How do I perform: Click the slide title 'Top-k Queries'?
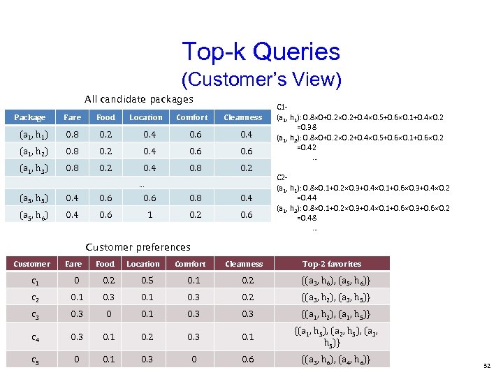click(261, 51)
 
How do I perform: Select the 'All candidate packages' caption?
click(139, 100)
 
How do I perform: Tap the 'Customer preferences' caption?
click(138, 247)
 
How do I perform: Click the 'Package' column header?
click(29, 117)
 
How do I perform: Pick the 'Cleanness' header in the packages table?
click(242, 117)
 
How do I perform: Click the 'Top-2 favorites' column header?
click(332, 264)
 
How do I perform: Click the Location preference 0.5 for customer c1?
click(143, 281)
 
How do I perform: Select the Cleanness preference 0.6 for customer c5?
click(244, 360)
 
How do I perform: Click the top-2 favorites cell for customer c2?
click(332, 297)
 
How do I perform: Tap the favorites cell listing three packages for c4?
click(332, 338)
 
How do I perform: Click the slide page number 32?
click(486, 364)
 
